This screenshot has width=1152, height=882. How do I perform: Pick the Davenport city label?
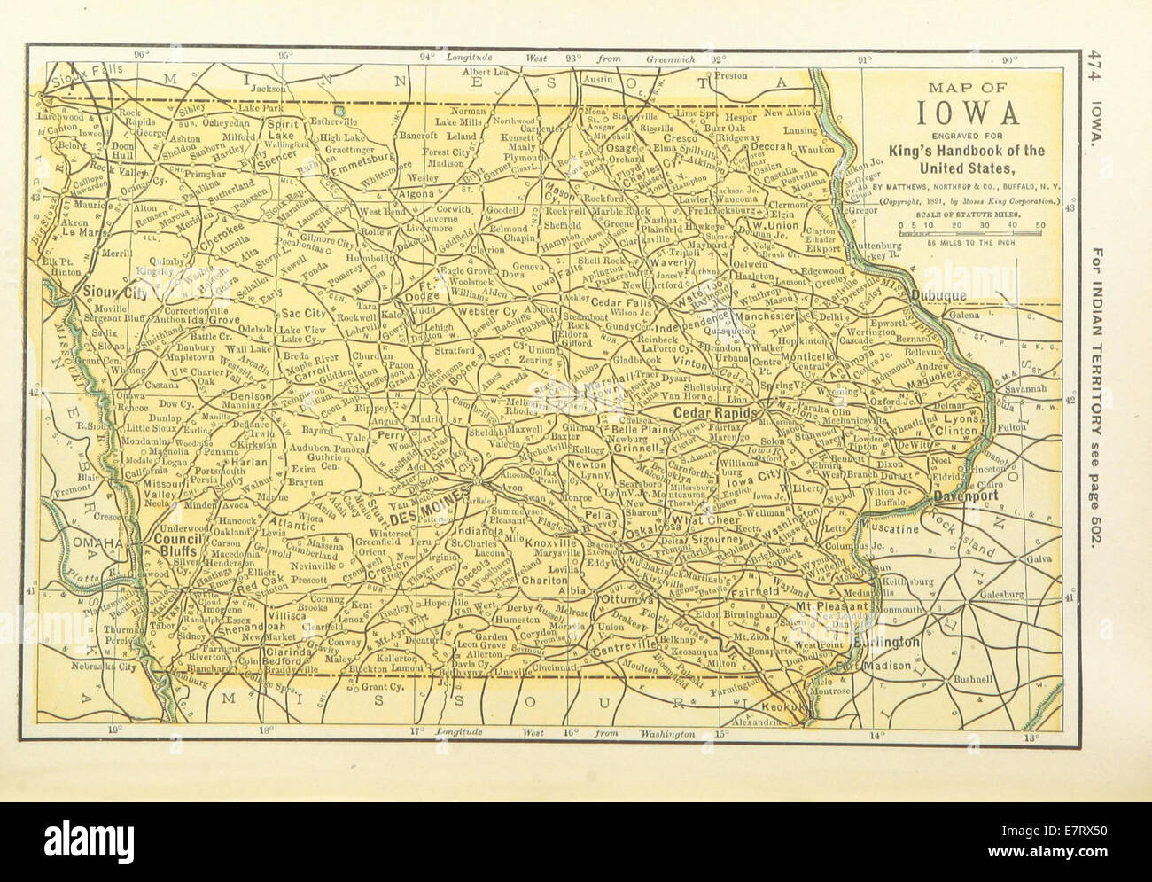point(965,496)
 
